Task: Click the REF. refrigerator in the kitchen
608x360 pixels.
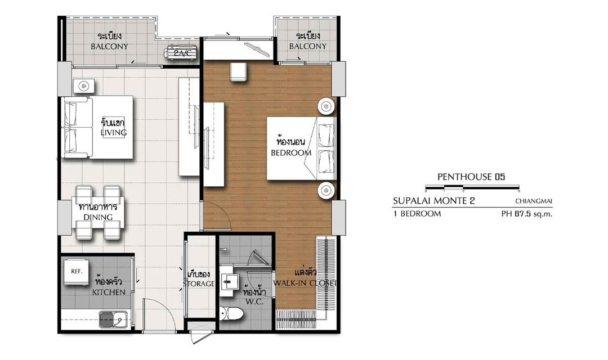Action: point(77,271)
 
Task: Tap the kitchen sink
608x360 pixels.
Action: point(113,319)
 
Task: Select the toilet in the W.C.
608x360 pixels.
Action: point(231,313)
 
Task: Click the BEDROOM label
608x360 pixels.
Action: point(291,152)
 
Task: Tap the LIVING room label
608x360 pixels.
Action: point(114,133)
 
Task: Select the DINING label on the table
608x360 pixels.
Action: point(98,217)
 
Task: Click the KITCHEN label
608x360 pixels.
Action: point(109,292)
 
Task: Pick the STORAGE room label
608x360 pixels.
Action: point(199,283)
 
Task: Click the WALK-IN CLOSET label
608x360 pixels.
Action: point(305,283)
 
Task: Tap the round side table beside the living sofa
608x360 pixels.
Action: point(83,86)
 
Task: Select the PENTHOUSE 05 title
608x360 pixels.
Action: point(471,177)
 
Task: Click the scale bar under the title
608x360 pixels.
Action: point(472,189)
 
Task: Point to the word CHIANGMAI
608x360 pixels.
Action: point(534,201)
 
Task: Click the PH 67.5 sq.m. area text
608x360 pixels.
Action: point(526,214)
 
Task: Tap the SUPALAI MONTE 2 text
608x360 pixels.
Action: point(434,201)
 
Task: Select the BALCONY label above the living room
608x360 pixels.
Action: point(109,47)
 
